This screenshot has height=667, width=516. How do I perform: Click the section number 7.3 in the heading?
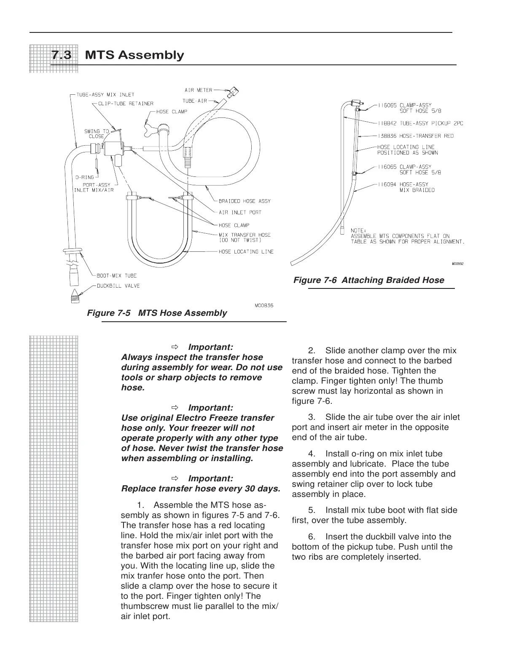coord(61,55)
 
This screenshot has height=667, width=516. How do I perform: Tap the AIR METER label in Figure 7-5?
coord(198,90)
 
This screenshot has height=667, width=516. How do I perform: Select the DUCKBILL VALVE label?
coord(118,286)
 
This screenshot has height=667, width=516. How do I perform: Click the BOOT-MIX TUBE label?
coord(117,276)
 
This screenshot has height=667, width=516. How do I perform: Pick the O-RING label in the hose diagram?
coord(85,177)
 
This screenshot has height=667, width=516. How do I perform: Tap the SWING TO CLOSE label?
coord(97,133)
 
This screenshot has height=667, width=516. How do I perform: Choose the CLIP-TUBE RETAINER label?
coord(126,103)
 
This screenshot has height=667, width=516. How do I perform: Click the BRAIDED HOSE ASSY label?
coord(245,201)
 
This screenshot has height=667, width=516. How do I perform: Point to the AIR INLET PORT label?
coord(240,213)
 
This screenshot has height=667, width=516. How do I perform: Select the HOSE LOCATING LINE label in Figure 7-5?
coord(246,252)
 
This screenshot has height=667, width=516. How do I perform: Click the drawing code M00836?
coord(264,305)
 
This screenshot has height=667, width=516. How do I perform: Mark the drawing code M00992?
coord(457,264)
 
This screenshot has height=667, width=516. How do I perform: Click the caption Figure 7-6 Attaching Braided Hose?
coord(368,280)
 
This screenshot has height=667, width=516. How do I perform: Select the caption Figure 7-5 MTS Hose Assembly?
coord(156,313)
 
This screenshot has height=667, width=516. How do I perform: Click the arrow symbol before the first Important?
coord(175,347)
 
